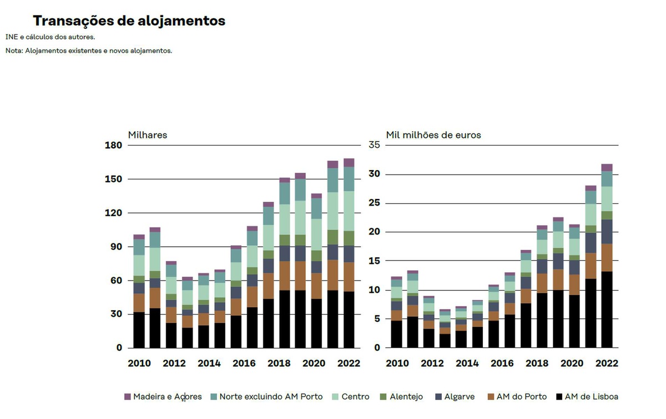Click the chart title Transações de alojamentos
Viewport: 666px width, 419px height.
coord(129,21)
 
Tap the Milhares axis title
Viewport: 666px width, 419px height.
coord(147,135)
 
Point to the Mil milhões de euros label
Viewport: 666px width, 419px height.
coord(433,135)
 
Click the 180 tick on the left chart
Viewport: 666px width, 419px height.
coord(113,146)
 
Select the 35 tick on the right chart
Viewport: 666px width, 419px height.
coord(374,146)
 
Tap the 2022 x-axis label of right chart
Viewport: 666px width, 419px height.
coord(607,363)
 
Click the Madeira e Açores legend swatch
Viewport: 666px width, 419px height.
coord(128,397)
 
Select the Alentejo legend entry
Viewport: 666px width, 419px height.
coord(401,397)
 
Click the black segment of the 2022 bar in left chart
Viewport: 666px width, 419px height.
coord(349,320)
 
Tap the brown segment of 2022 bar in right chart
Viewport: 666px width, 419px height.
coord(607,257)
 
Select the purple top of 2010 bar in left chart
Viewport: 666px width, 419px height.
coord(139,237)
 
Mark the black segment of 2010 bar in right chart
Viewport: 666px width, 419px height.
coord(396,333)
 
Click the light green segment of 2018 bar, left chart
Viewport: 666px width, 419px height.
coord(285,220)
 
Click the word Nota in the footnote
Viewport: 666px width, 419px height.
coord(13,51)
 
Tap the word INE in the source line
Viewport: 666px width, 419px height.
coord(11,37)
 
